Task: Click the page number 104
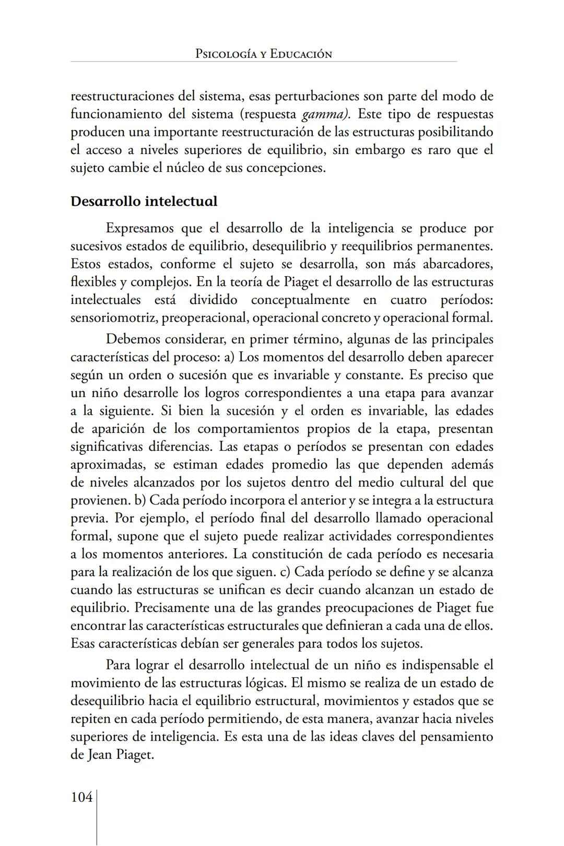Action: coord(81,797)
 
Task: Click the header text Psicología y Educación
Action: coord(263,54)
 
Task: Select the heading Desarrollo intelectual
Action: coord(144,202)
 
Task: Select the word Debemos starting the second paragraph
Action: coord(133,339)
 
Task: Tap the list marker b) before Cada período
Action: coord(139,500)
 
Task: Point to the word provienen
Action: coord(100,500)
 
